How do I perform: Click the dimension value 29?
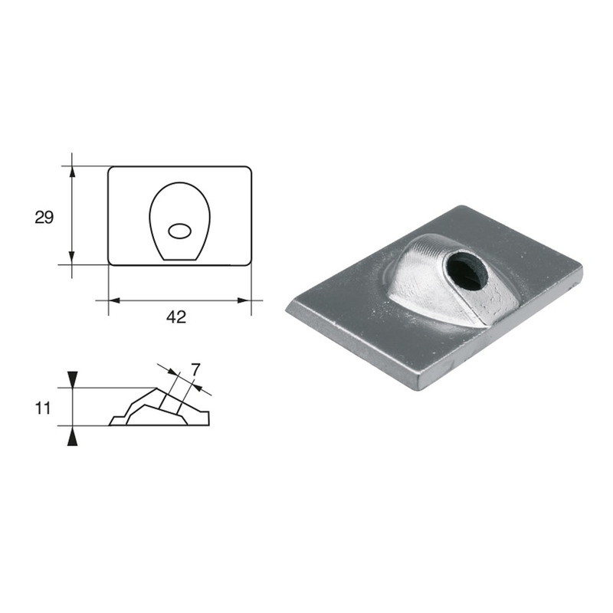44,218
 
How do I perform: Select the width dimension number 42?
176,316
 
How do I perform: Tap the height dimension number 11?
43,408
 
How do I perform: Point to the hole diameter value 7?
195,370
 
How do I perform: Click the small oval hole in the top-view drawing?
180,230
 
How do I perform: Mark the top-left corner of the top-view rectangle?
110,168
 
